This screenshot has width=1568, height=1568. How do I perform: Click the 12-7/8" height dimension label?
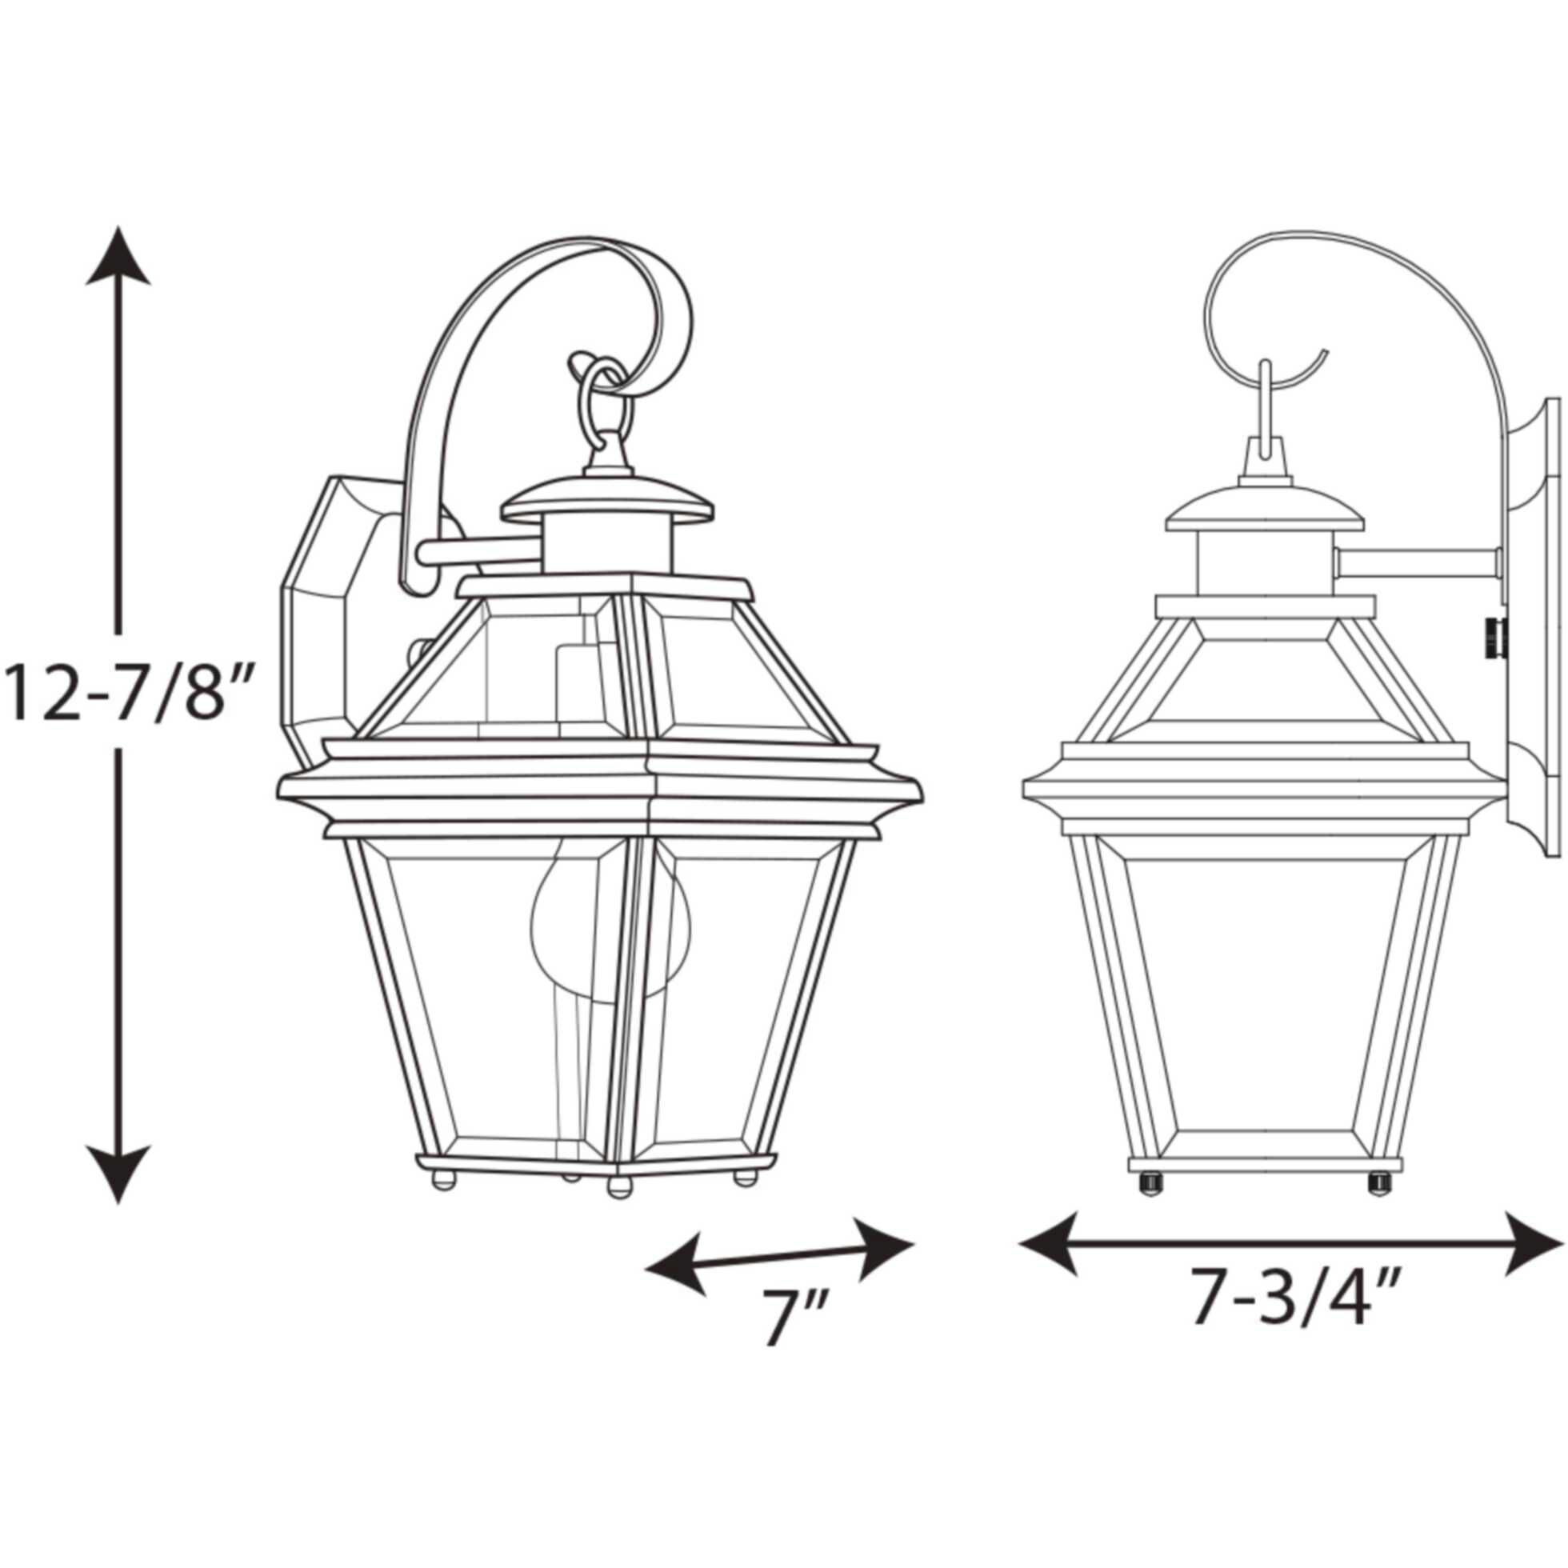click(x=122, y=690)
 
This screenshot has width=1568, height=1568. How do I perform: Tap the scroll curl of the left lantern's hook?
click(x=658, y=325)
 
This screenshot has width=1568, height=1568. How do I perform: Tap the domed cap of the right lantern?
click(x=1264, y=507)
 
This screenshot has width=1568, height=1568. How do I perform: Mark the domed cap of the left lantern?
click(x=607, y=503)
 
